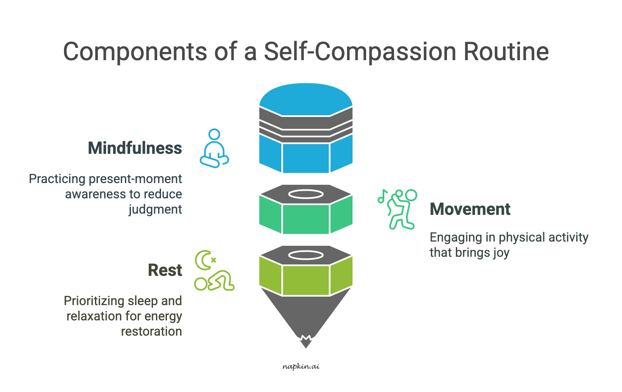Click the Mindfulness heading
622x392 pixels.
click(135, 148)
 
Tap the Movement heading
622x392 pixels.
click(470, 209)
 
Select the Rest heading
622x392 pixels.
click(165, 270)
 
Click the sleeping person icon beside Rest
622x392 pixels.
click(215, 281)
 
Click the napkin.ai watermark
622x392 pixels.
click(301, 367)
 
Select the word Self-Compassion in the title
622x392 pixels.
click(360, 52)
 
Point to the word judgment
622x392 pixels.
click(155, 210)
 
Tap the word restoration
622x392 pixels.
click(151, 331)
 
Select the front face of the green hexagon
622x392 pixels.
click(305, 219)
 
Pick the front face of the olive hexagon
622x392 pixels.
click(305, 280)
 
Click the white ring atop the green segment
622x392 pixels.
click(305, 194)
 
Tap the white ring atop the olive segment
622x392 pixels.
click(305, 255)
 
